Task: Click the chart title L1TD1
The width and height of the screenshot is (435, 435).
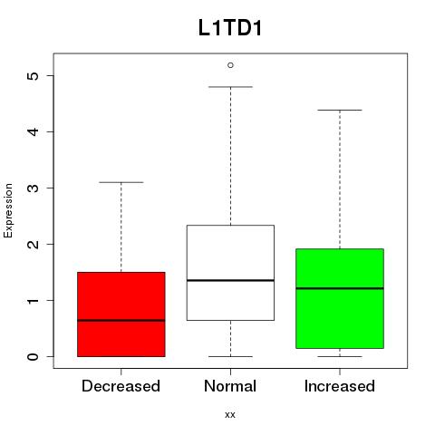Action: [x=230, y=28]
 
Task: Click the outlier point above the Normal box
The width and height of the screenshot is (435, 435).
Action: [x=230, y=65]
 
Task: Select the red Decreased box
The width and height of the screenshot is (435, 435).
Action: [x=121, y=314]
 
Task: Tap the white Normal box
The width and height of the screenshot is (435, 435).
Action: [x=230, y=273]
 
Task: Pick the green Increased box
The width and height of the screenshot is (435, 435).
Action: [x=340, y=298]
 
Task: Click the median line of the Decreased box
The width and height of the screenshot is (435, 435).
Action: [x=121, y=320]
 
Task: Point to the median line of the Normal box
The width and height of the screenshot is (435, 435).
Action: [x=230, y=280]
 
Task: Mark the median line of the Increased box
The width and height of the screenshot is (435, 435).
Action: [x=340, y=288]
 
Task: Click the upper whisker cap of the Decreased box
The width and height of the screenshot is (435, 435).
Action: [x=121, y=182]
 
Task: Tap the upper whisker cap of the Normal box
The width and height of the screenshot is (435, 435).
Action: [x=230, y=87]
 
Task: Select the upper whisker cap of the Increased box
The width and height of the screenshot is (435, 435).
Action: [x=340, y=110]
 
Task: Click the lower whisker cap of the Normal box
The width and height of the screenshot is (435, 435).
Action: [x=230, y=356]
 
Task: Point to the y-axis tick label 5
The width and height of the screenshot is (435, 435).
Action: [x=34, y=75]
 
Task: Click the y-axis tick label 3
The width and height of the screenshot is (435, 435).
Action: [x=34, y=188]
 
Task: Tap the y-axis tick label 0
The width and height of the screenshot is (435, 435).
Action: [x=34, y=356]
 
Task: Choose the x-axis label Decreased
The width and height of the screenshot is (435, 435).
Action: [x=121, y=386]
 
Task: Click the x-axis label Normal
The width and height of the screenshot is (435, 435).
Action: [x=230, y=386]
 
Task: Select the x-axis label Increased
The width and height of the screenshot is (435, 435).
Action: [x=340, y=386]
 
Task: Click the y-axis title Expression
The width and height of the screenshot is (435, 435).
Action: [x=8, y=210]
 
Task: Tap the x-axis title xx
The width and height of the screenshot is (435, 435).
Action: [x=230, y=415]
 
